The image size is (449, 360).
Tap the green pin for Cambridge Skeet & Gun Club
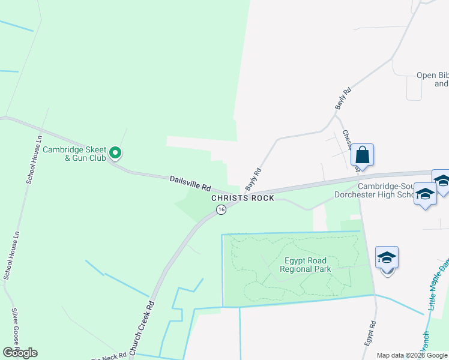tap(116, 154)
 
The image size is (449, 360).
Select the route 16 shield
tap(221, 209)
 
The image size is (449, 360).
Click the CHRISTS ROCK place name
tap(243, 198)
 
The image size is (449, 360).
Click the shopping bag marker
tap(363, 155)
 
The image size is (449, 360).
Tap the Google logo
tap(20, 353)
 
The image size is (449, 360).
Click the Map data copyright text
tap(412, 355)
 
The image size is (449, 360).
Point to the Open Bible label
tap(432, 79)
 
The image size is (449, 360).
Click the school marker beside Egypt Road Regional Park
tap(387, 259)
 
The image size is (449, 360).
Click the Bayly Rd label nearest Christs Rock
tap(253, 178)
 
